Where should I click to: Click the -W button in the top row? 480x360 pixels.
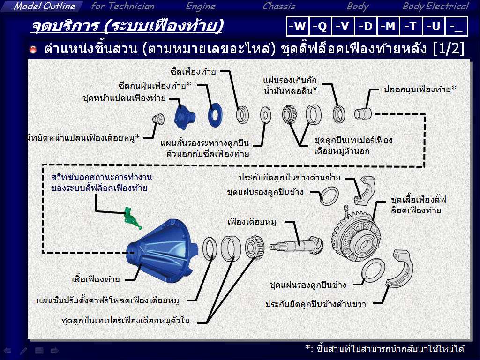[297, 26]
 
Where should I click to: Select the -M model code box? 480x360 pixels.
[388, 26]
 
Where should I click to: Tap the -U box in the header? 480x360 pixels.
[434, 26]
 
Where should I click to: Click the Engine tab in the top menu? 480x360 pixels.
[201, 7]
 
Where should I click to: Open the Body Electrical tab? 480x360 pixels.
[435, 7]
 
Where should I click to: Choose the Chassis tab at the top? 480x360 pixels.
[279, 7]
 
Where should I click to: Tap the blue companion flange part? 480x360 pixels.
[185, 116]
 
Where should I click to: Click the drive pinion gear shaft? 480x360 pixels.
[296, 245]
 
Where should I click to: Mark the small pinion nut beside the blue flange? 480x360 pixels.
[158, 119]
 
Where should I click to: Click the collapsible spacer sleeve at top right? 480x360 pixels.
[363, 113]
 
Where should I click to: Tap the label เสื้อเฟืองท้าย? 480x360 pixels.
[96, 279]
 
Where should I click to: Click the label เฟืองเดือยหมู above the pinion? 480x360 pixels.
[252, 221]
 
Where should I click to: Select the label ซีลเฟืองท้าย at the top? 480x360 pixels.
[193, 71]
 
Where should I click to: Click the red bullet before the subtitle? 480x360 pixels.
[33, 49]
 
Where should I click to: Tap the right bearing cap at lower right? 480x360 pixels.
[400, 269]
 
